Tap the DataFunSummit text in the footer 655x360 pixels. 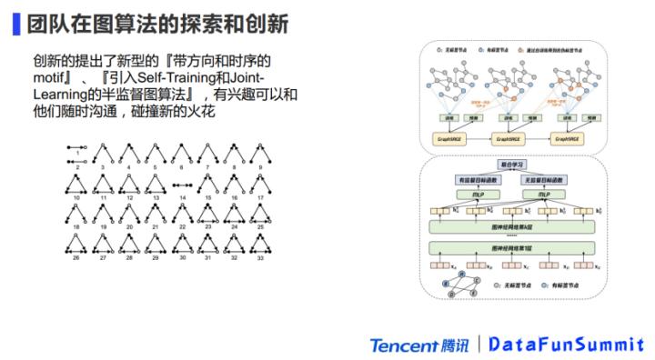coord(562,345)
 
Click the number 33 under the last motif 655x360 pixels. coord(261,257)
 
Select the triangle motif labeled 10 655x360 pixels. coord(77,185)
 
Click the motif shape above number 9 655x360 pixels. coord(261,150)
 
